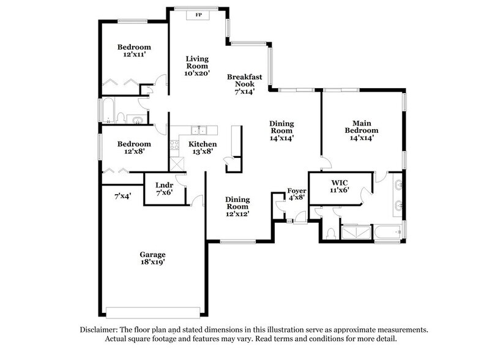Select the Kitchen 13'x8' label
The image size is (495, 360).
click(200, 148)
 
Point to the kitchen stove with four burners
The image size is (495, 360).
click(177, 163)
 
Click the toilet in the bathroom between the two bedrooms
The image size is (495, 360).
click(122, 118)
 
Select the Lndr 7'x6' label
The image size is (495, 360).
click(163, 188)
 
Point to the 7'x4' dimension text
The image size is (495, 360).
click(122, 197)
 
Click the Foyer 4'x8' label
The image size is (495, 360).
click(297, 195)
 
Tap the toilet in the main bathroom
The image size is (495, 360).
click(330, 233)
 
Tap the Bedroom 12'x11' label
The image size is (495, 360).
click(134, 51)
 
